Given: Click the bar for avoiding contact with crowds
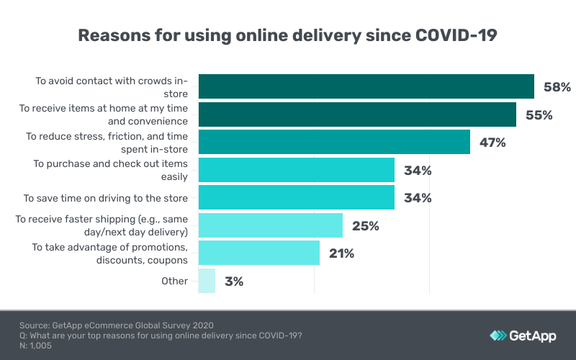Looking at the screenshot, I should point(366,86).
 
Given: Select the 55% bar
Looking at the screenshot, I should point(357,114).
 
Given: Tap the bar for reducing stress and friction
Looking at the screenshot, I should point(334,142).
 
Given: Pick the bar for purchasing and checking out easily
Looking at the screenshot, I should point(296,170).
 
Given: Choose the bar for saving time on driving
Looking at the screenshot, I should point(296,197).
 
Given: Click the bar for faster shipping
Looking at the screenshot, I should point(270,225).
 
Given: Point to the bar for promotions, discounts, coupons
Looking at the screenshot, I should point(258,253).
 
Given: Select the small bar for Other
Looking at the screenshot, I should point(207,281).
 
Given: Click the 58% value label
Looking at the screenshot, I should point(557,87).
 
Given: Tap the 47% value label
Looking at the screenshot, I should point(492,143).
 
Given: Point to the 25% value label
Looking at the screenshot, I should point(366,226).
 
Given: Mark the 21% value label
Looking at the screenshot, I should point(342,253).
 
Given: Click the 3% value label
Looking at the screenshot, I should point(233,282).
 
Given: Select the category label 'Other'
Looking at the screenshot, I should point(175,281).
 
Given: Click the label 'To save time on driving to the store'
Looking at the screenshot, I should point(106,198).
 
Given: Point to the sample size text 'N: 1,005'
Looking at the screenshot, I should point(36,346).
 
